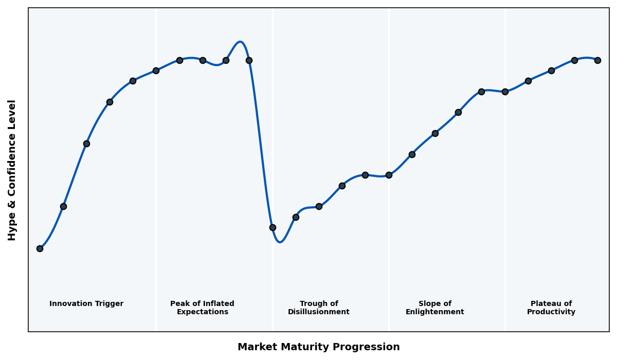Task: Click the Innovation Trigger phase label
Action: (x=86, y=304)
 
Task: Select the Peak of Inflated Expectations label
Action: (x=202, y=308)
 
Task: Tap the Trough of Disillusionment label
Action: (x=318, y=308)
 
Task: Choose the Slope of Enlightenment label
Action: (x=434, y=308)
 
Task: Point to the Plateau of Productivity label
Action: (x=551, y=308)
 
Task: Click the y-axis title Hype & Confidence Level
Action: (x=12, y=170)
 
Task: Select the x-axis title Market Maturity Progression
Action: (x=318, y=347)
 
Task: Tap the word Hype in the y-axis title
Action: (x=12, y=229)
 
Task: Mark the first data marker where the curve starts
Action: (x=40, y=248)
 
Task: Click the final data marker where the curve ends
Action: (x=597, y=60)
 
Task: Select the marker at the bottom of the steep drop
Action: (x=273, y=227)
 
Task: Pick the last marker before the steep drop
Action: (x=249, y=60)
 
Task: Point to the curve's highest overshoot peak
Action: (x=240, y=42)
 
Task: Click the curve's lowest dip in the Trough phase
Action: (x=280, y=242)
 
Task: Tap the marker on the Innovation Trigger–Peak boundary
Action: (x=156, y=70)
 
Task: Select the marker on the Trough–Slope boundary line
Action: (x=389, y=175)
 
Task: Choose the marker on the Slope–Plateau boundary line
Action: (x=505, y=92)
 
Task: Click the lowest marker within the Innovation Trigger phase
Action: (x=40, y=248)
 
